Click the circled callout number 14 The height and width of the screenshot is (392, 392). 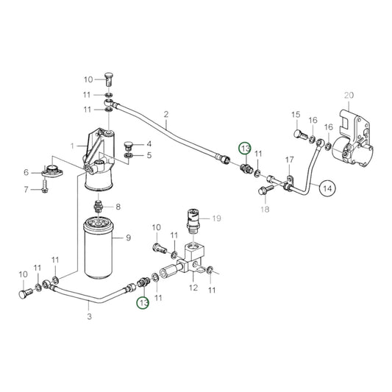[327, 188]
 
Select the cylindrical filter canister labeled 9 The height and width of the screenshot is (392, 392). [99, 248]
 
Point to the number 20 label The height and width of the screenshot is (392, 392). [349, 96]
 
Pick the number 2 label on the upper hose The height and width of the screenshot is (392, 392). [166, 115]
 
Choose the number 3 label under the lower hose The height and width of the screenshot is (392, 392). [89, 316]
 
